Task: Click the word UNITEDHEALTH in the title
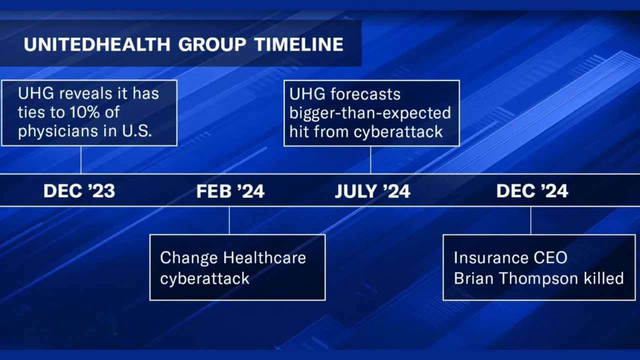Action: pyautogui.click(x=96, y=44)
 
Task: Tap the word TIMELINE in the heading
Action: pyautogui.click(x=298, y=44)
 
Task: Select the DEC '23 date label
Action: pyautogui.click(x=79, y=191)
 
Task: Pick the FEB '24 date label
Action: pyautogui.click(x=230, y=191)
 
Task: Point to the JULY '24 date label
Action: pyautogui.click(x=372, y=191)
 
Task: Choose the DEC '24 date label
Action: pyautogui.click(x=532, y=191)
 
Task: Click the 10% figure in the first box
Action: pyautogui.click(x=86, y=112)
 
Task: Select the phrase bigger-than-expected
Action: pyautogui.click(x=370, y=112)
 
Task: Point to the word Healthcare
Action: pyautogui.click(x=264, y=258)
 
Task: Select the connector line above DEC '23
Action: pyautogui.click(x=80, y=159)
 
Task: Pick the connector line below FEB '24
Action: pyautogui.click(x=229, y=220)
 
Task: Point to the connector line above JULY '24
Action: pyautogui.click(x=370, y=159)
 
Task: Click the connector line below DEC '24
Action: pyautogui.click(x=530, y=220)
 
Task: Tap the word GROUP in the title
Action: pyautogui.click(x=212, y=44)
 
